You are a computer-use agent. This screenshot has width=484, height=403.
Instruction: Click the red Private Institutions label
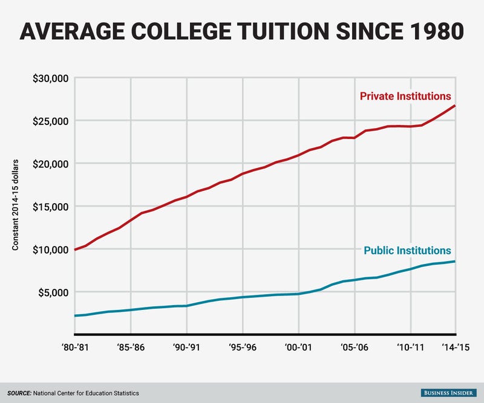pyautogui.click(x=405, y=96)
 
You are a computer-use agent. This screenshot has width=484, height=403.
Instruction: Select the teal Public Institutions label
pyautogui.click(x=407, y=251)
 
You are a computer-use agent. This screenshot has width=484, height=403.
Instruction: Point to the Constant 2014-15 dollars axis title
pyautogui.click(x=16, y=206)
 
